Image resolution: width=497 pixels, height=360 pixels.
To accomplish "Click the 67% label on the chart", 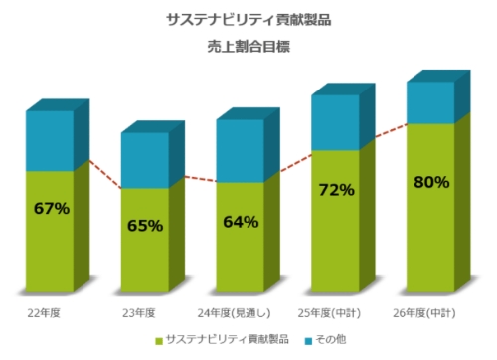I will [x=51, y=209].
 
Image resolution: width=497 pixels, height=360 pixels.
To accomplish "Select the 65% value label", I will [x=145, y=226].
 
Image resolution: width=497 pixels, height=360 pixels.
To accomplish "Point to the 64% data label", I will [x=241, y=222].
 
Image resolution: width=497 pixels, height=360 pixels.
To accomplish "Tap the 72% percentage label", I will [x=336, y=189].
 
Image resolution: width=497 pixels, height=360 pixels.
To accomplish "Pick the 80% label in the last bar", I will [x=430, y=182].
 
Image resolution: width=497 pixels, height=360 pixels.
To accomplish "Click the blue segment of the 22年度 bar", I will [x=50, y=140].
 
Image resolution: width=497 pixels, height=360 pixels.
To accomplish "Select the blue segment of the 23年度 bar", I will [x=145, y=160].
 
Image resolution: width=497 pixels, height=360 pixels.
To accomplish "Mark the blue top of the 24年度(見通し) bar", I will [x=241, y=150].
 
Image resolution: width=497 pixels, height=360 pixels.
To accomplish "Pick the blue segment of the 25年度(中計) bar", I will [x=336, y=122].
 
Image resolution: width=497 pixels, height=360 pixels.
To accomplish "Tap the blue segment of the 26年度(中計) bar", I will [x=430, y=102].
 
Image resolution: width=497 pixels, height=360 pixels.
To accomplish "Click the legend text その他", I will [x=329, y=340].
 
